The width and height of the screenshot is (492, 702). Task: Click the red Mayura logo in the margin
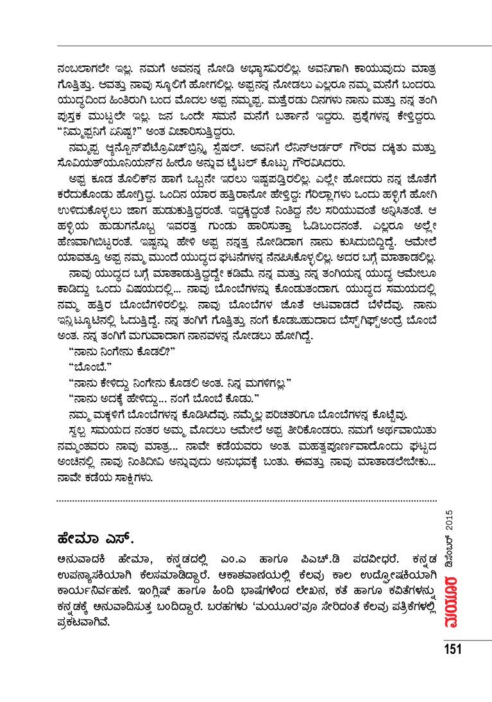(x=450, y=600)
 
